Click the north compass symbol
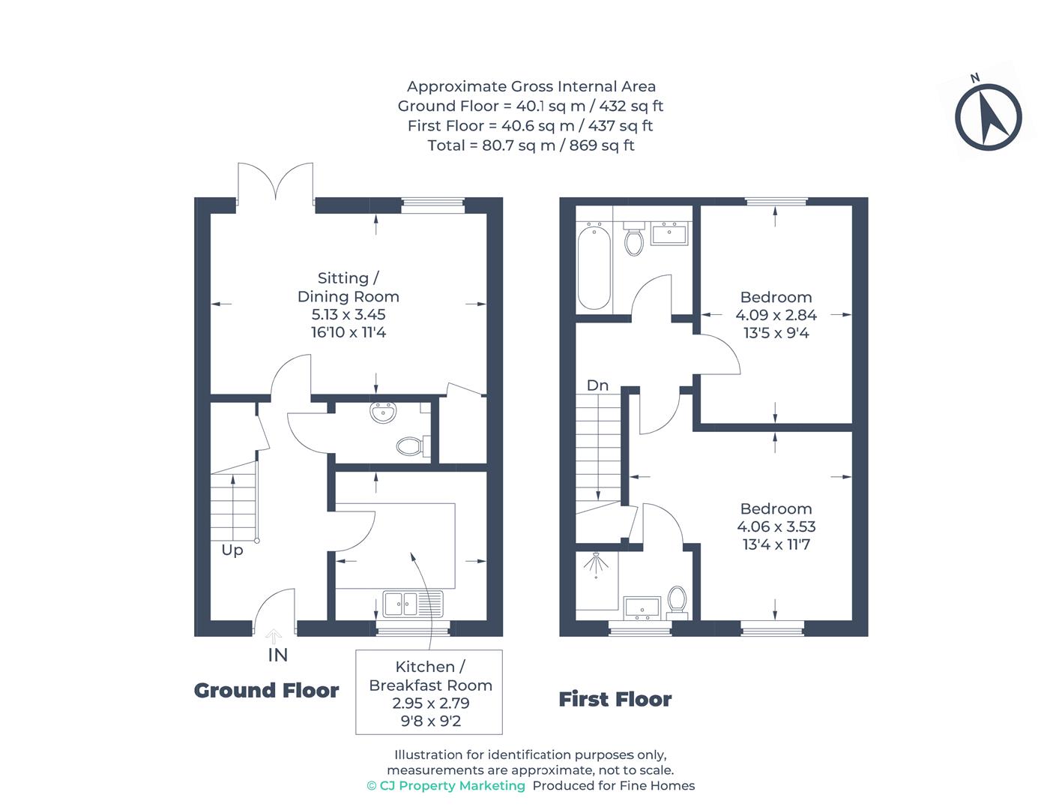tap(988, 117)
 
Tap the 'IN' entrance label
tap(277, 655)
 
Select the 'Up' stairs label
tap(232, 550)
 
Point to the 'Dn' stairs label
tap(597, 385)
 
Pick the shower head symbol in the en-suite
tap(597, 564)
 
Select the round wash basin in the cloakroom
tap(383, 412)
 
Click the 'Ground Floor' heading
tap(266, 690)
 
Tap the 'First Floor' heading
tap(615, 700)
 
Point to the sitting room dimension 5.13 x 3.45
tap(349, 314)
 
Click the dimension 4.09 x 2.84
tap(776, 315)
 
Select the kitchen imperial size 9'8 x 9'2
tap(431, 721)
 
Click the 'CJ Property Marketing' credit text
tap(446, 786)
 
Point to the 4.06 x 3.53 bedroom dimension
tap(776, 526)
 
